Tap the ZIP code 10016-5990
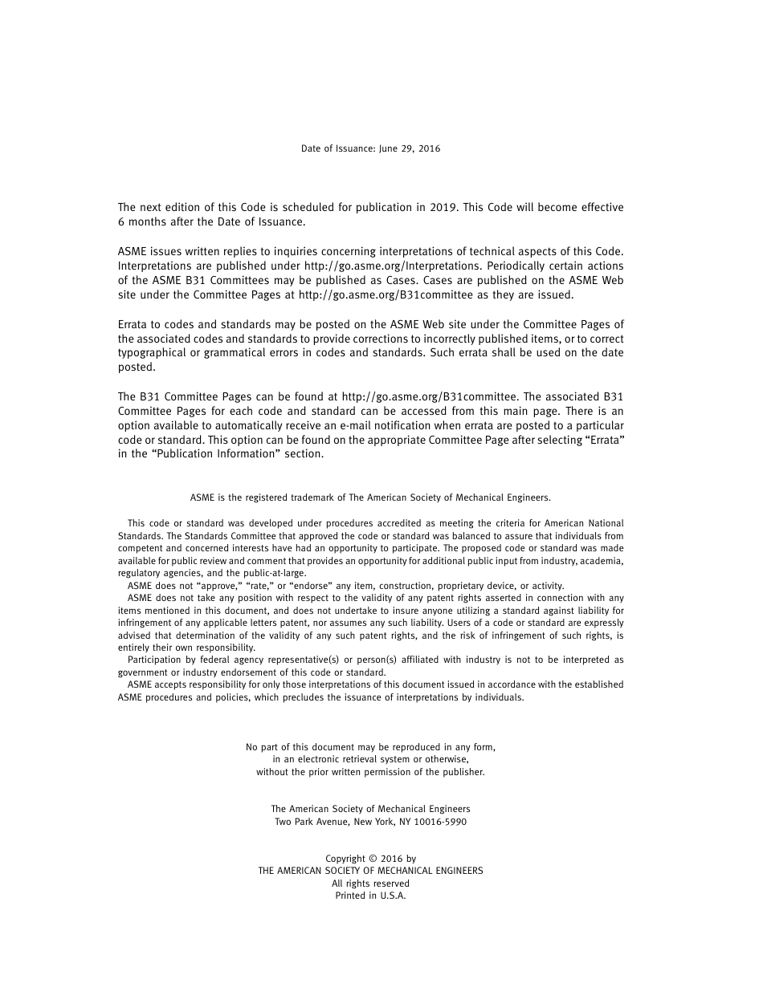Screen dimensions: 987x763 coord(439,822)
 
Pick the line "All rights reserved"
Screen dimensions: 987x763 coord(370,883)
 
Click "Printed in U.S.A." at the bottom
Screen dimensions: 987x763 coord(370,896)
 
